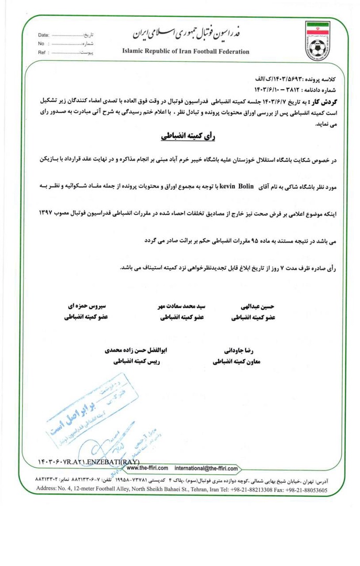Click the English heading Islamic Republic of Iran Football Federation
pyautogui.click(x=186, y=52)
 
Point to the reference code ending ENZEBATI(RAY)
pyautogui.click(x=89, y=461)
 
